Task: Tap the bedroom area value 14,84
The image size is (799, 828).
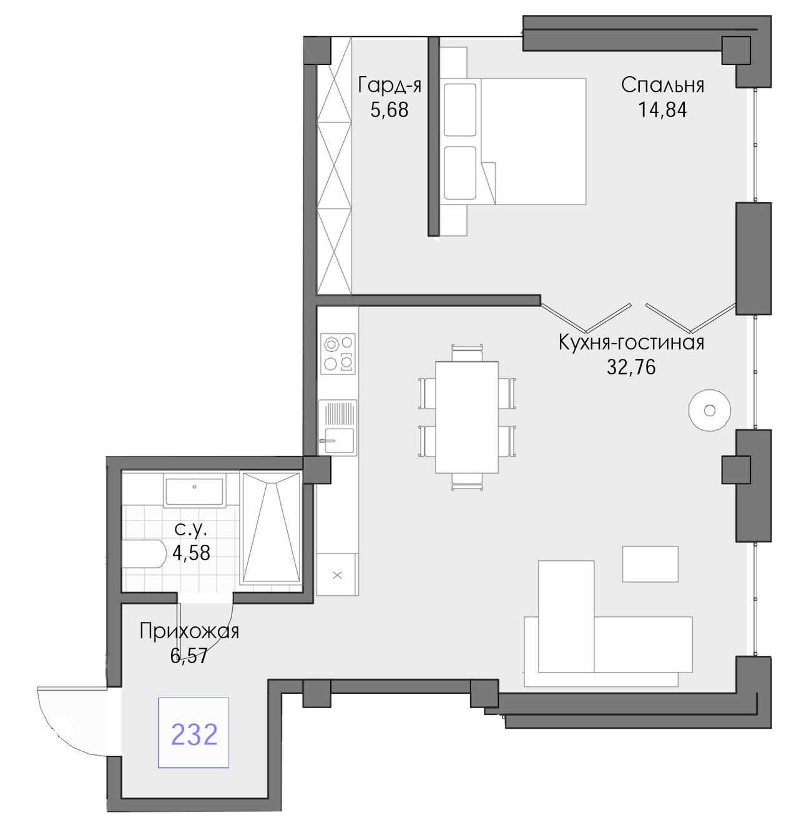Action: [662, 110]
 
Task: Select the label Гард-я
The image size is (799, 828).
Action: [390, 85]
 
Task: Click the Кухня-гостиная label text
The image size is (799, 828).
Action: [631, 343]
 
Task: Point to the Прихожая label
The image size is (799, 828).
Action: [189, 631]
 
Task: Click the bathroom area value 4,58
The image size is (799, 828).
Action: [191, 553]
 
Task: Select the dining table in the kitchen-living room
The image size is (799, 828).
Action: [466, 417]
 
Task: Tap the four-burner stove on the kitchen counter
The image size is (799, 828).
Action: [338, 354]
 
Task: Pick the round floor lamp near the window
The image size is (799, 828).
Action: [709, 410]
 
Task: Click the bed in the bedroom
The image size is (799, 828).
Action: [513, 141]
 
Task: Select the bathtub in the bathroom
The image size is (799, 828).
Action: [271, 527]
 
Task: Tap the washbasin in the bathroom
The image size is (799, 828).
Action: [195, 492]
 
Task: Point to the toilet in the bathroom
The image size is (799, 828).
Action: [144, 554]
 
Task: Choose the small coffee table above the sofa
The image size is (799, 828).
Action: [650, 564]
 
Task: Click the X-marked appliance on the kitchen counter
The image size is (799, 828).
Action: [336, 575]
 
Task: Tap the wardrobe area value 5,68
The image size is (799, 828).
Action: [390, 110]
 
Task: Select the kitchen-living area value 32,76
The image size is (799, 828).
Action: [631, 367]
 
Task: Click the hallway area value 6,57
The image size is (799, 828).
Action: [189, 656]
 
